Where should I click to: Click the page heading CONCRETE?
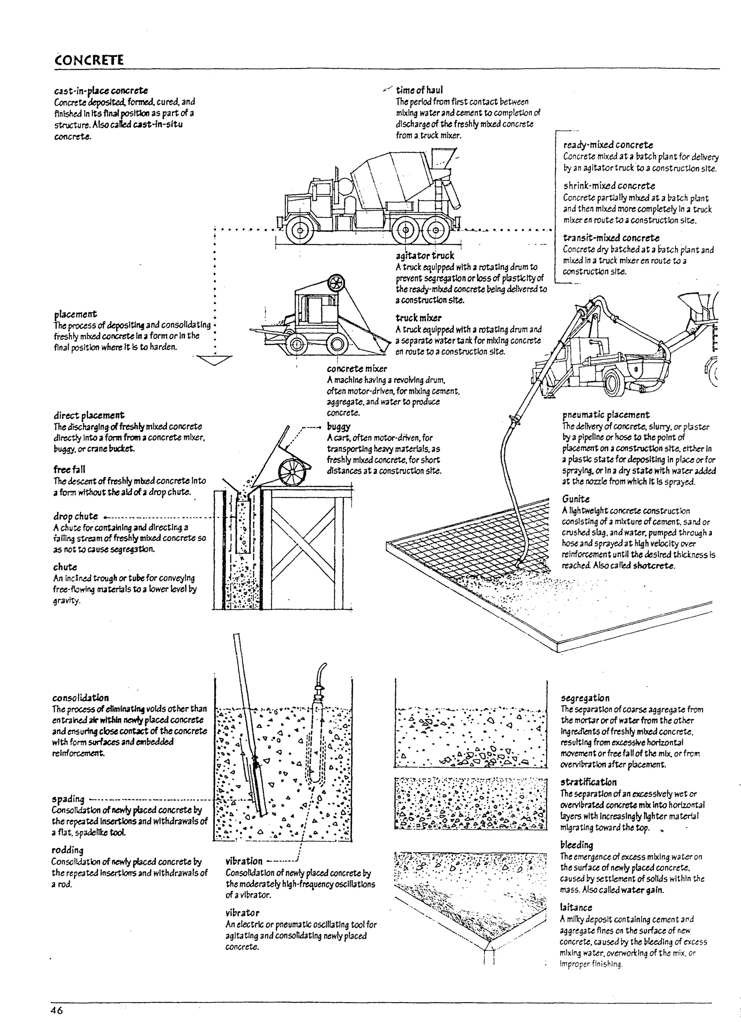click(x=88, y=60)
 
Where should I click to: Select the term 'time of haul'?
click(x=419, y=90)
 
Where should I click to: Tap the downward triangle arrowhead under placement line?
click(x=215, y=360)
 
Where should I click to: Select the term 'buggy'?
click(x=339, y=426)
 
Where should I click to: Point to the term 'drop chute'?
click(x=75, y=516)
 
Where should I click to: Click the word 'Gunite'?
click(x=576, y=499)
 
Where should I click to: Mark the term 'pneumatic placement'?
click(x=605, y=415)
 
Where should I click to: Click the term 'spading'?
click(x=68, y=799)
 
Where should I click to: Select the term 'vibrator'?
click(x=242, y=913)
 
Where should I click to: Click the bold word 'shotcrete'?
click(x=654, y=566)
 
